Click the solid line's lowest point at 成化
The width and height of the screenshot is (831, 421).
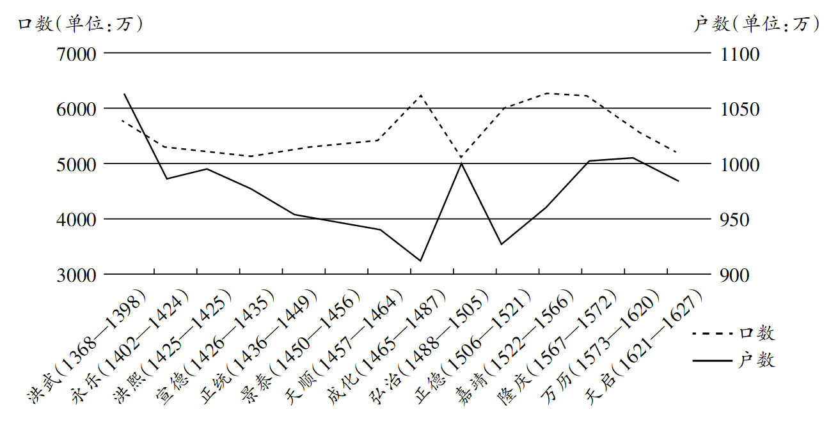click(420, 261)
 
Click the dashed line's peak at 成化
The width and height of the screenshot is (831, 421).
click(420, 95)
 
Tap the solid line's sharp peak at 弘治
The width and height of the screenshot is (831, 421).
click(461, 164)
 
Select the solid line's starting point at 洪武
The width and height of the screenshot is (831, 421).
click(123, 94)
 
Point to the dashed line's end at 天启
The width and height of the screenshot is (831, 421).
click(677, 153)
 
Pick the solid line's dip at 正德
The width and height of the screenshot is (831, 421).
click(502, 244)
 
